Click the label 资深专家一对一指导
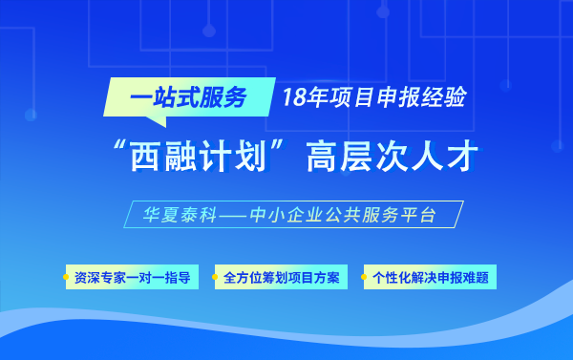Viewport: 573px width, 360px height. point(133,278)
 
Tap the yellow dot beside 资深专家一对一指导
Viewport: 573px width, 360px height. point(68,278)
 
